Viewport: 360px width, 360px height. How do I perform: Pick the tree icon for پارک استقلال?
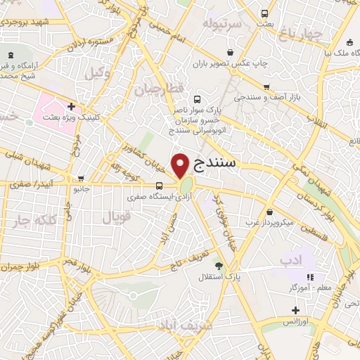pyautogui.click(x=219, y=266)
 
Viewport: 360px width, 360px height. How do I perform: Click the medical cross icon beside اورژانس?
pyautogui.click(x=295, y=310)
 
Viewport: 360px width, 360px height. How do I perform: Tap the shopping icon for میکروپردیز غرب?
pyautogui.click(x=271, y=212)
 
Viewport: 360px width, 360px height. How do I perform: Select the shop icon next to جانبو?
pyautogui.click(x=83, y=178)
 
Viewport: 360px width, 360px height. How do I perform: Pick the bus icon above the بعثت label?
pyautogui.click(x=264, y=13)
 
